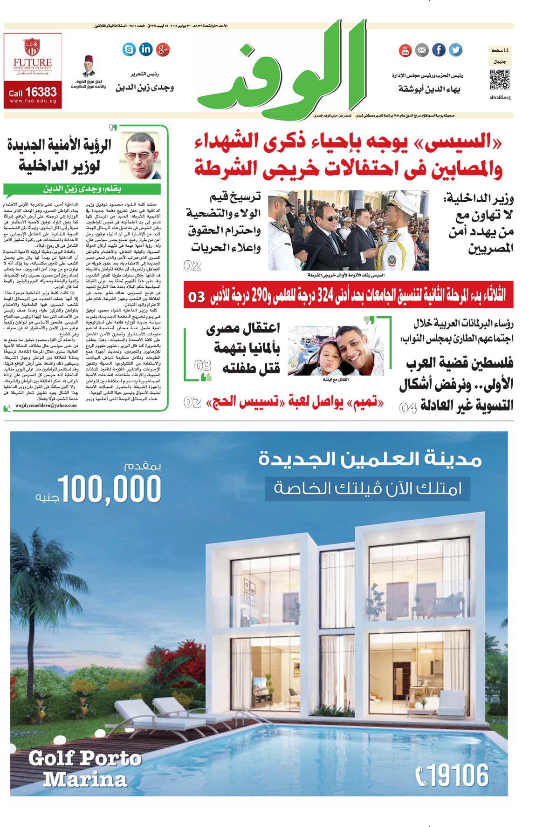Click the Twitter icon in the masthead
point(455,50)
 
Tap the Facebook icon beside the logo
point(439,50)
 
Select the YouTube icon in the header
point(405,50)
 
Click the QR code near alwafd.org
point(500,80)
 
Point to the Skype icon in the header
point(129,49)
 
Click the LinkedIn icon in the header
point(146,49)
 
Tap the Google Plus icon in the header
point(163,49)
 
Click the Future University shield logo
point(32,47)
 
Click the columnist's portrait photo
point(143,156)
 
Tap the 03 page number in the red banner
point(196,297)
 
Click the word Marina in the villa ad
point(85,779)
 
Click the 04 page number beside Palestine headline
point(407,408)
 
